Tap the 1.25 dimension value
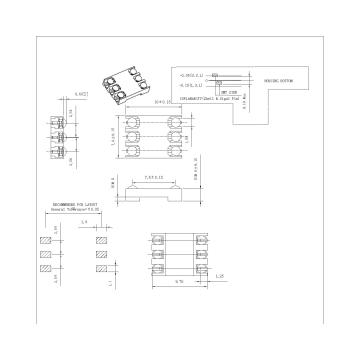(219, 273)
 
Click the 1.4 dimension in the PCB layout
(85, 222)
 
